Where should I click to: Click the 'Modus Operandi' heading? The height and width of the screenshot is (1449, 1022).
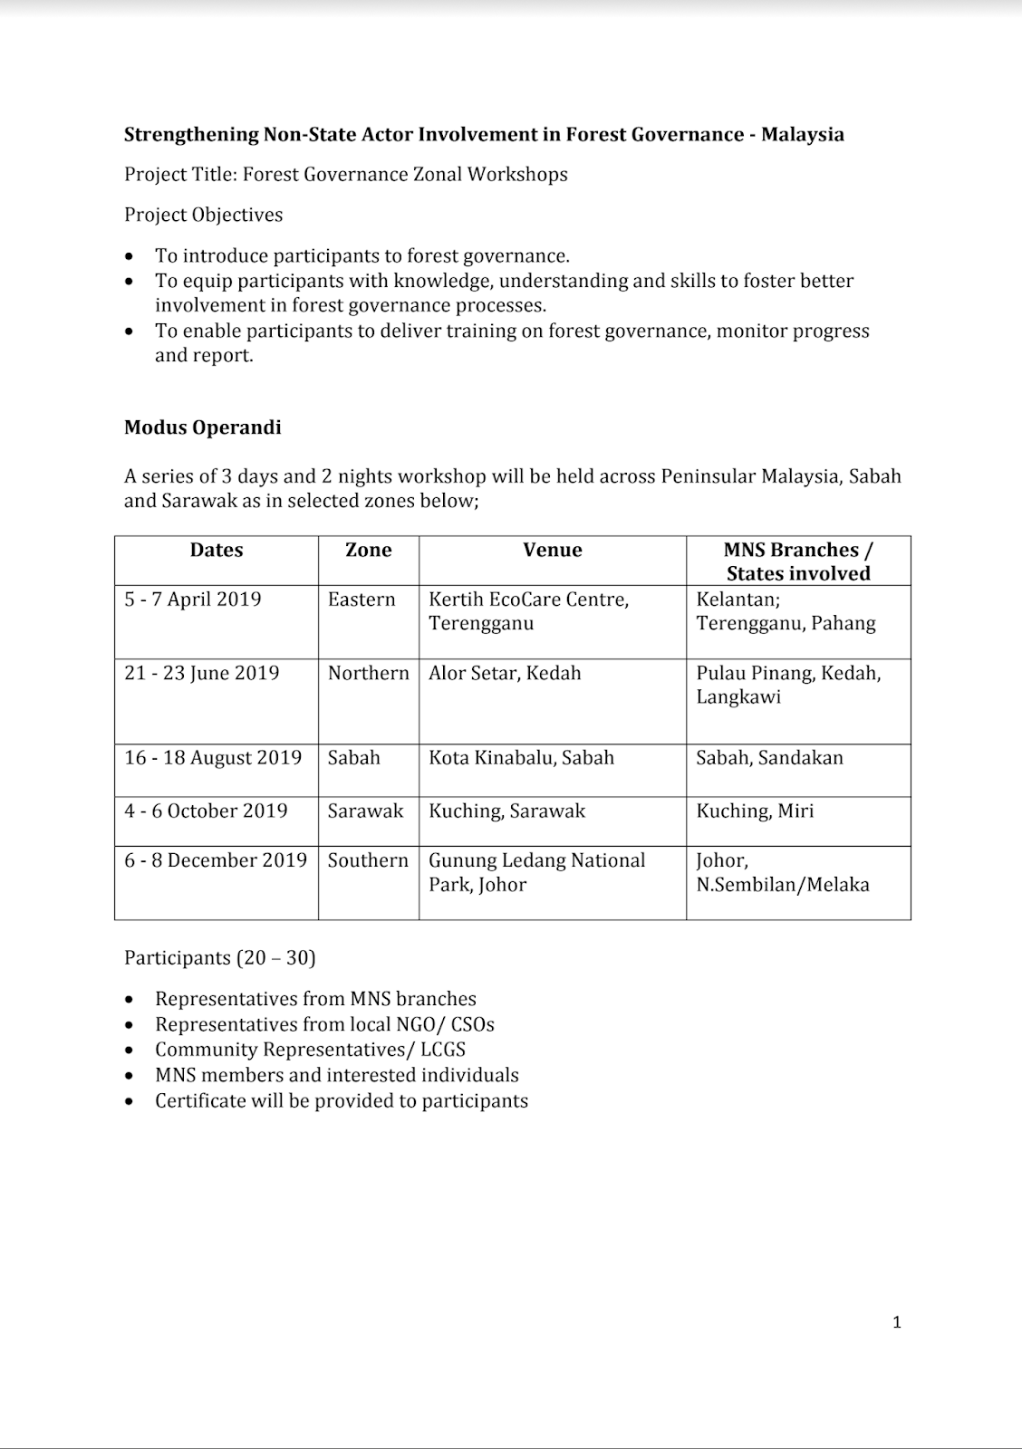click(202, 427)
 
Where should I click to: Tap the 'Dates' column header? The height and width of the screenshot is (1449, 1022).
click(217, 550)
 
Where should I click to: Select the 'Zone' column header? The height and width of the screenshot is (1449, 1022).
click(368, 550)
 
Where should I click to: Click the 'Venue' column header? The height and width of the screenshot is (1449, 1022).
click(552, 550)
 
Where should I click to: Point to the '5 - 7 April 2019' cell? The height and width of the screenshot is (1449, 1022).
click(193, 600)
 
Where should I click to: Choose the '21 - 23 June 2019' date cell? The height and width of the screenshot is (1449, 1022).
click(202, 673)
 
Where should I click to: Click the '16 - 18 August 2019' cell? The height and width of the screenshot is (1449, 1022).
click(213, 758)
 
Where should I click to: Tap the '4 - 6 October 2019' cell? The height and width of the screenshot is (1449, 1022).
click(206, 811)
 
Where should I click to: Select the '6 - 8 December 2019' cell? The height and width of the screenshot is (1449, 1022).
click(216, 860)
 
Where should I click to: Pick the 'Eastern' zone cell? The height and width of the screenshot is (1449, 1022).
click(362, 600)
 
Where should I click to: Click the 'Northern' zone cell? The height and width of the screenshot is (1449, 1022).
click(368, 673)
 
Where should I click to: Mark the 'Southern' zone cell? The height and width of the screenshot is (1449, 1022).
click(368, 860)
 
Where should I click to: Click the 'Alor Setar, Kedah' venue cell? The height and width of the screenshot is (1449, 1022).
click(505, 673)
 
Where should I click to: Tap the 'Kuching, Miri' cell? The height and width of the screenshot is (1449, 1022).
click(755, 811)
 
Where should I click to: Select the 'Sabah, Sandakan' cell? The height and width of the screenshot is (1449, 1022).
click(769, 758)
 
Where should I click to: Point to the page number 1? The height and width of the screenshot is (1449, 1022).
click(897, 1322)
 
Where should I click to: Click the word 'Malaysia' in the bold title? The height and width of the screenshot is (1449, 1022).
click(802, 135)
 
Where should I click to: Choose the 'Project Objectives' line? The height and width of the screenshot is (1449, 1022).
click(204, 215)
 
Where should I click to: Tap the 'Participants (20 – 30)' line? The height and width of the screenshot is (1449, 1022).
click(219, 957)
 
